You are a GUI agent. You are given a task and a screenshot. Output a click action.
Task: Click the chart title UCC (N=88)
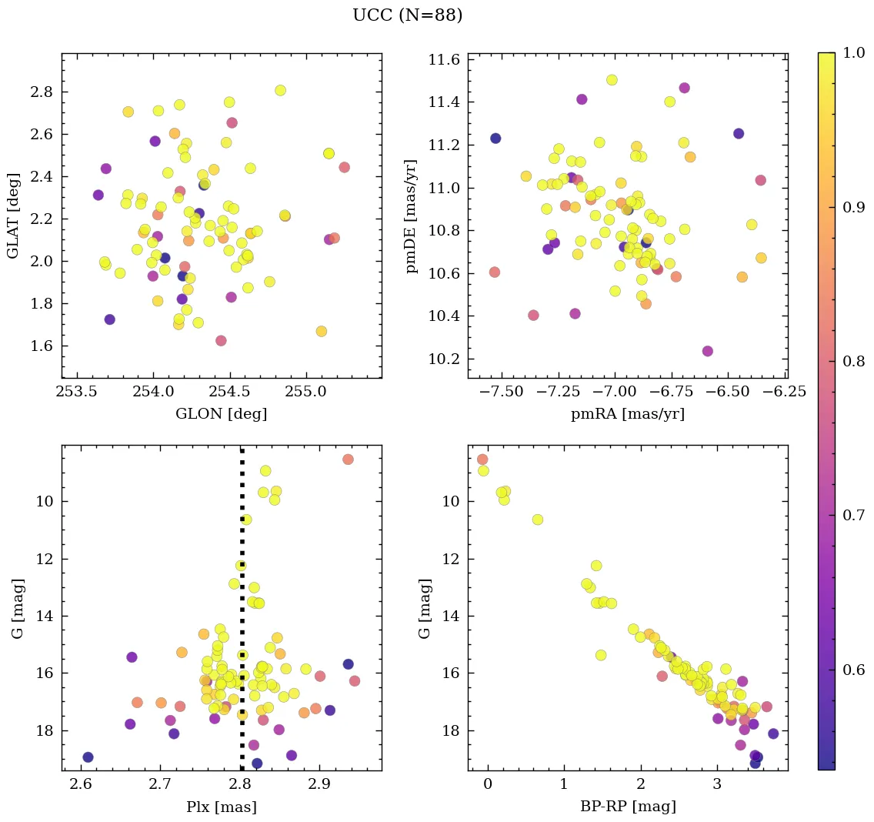click(407, 15)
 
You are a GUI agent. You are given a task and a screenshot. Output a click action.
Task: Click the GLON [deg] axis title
click(222, 414)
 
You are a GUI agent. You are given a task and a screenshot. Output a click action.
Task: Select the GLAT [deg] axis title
click(13, 216)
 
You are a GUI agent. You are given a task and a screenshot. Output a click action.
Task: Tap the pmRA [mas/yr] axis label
click(627, 414)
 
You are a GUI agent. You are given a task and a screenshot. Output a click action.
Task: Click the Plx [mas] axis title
click(222, 807)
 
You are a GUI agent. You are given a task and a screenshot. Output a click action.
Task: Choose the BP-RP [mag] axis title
click(627, 807)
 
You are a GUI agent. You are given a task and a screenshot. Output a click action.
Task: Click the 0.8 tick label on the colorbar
click(852, 361)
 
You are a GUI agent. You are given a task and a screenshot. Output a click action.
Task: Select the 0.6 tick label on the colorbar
click(852, 669)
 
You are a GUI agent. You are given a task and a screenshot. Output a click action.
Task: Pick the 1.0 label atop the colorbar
click(852, 53)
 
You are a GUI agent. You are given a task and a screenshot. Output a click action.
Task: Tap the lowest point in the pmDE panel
click(708, 351)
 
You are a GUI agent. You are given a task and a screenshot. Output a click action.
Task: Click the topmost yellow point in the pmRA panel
click(612, 80)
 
